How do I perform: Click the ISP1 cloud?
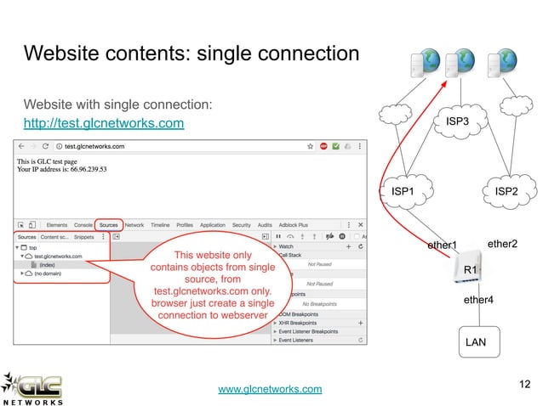(403, 192)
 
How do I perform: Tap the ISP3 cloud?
(457, 122)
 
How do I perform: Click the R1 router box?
(470, 270)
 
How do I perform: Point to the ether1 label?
(443, 246)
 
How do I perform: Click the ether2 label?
(502, 245)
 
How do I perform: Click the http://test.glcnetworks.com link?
(104, 126)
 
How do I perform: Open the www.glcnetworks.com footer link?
(271, 389)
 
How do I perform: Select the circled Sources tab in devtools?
(108, 225)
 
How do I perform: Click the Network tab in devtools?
(134, 225)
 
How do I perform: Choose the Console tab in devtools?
(83, 225)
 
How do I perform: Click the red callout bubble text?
(212, 285)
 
